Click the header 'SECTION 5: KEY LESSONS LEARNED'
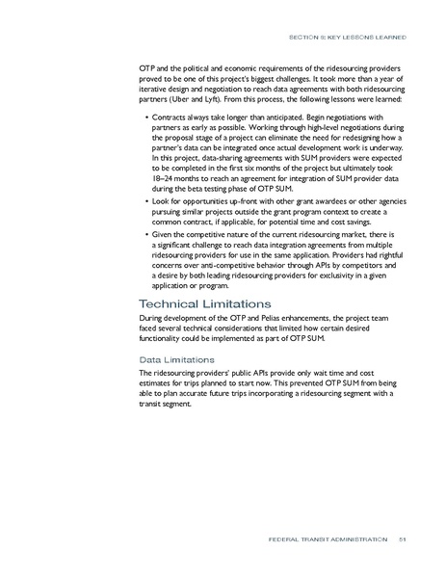pos(354,38)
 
